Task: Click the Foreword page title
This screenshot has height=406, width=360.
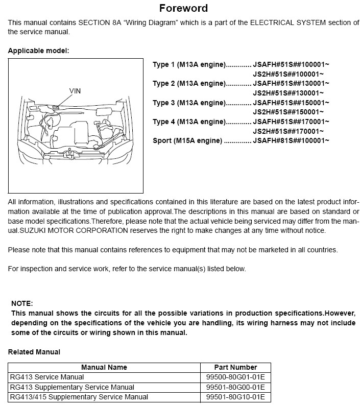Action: (183, 8)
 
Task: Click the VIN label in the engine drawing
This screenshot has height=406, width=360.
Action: (75, 90)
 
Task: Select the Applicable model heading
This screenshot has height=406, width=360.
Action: (38, 51)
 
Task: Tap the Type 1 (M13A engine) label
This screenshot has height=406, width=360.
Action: (189, 64)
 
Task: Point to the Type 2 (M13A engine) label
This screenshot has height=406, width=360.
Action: (189, 83)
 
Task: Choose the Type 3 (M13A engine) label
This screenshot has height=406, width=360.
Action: (189, 103)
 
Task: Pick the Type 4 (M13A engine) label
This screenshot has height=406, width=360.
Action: (189, 122)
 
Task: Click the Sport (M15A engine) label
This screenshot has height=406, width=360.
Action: (187, 140)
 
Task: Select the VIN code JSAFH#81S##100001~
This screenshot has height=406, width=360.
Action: (291, 140)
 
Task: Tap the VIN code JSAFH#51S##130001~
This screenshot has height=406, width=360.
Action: (291, 83)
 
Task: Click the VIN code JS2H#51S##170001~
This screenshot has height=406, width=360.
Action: (289, 131)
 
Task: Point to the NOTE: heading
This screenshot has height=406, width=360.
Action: (22, 303)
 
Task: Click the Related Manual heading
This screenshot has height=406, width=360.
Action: (34, 352)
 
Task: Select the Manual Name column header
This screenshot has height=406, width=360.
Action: (104, 367)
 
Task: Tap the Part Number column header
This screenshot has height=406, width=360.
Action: (236, 367)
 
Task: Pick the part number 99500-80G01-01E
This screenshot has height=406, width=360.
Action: (235, 377)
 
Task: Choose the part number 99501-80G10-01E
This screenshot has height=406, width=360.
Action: (235, 397)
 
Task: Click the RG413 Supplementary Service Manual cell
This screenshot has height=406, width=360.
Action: (72, 387)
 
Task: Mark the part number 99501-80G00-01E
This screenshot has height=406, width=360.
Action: (235, 387)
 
